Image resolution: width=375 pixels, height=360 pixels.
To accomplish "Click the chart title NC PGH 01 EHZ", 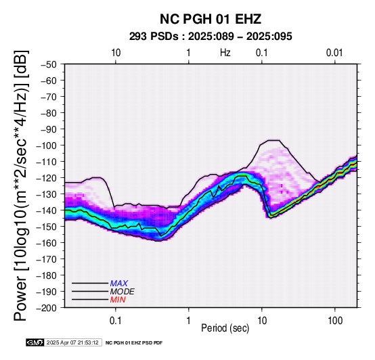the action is (x=211, y=19).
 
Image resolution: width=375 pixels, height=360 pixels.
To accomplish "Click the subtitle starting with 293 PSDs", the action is (x=211, y=37).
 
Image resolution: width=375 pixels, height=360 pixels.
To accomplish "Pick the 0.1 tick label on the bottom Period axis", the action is (x=116, y=321).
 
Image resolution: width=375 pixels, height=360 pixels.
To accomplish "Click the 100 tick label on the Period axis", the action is (x=335, y=321).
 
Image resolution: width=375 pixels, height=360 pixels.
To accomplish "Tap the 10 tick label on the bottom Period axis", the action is (x=262, y=321).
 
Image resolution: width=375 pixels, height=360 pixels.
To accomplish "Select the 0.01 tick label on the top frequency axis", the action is (x=334, y=53).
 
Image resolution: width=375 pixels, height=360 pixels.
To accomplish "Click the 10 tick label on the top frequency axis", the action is (x=116, y=53).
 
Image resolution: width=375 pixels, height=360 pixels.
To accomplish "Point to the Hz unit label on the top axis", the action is (x=225, y=53).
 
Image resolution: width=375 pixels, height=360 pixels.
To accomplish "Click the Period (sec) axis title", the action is (x=225, y=328).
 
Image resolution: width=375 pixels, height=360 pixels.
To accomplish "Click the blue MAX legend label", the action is (x=119, y=284).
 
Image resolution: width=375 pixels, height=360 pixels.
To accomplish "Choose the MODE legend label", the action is (x=123, y=292).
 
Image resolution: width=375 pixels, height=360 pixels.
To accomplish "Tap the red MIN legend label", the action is (x=118, y=300).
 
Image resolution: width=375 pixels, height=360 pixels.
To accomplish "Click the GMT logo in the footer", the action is (x=35, y=342).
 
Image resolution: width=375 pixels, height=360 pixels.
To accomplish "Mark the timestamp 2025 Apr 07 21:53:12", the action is (x=72, y=342).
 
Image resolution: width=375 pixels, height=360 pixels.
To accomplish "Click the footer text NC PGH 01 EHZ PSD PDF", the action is (x=134, y=343).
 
